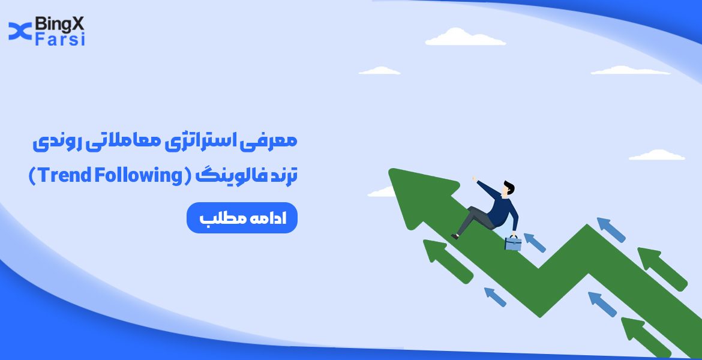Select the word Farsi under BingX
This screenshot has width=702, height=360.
tap(60, 40)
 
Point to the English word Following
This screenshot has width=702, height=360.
tap(137, 176)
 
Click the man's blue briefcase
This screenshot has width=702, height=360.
tap(512, 242)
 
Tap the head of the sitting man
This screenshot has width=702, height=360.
tap(509, 188)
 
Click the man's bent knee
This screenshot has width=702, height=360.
tap(474, 211)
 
